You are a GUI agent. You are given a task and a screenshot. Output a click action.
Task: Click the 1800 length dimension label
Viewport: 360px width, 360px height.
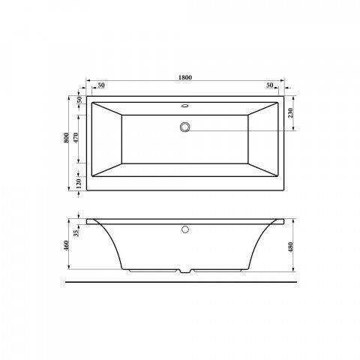[185, 77]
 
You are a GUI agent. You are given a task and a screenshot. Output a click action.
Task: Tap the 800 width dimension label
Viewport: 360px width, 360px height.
[66, 138]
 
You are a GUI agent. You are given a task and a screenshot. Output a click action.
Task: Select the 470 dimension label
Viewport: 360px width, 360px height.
[76, 138]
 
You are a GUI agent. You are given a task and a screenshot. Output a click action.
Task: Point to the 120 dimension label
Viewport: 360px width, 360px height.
[79, 184]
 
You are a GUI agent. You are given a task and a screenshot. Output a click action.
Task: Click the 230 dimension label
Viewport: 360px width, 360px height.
[290, 113]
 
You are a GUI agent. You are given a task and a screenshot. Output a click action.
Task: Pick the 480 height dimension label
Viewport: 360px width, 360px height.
[290, 247]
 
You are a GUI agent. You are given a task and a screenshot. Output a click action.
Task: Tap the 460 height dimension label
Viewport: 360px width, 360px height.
[66, 245]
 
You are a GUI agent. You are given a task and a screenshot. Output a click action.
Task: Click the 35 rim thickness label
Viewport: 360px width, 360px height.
[76, 233]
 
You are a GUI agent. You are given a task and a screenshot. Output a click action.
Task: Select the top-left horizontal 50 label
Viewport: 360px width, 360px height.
[101, 85]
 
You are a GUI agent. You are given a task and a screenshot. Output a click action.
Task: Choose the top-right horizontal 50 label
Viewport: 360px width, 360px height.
[270, 85]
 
